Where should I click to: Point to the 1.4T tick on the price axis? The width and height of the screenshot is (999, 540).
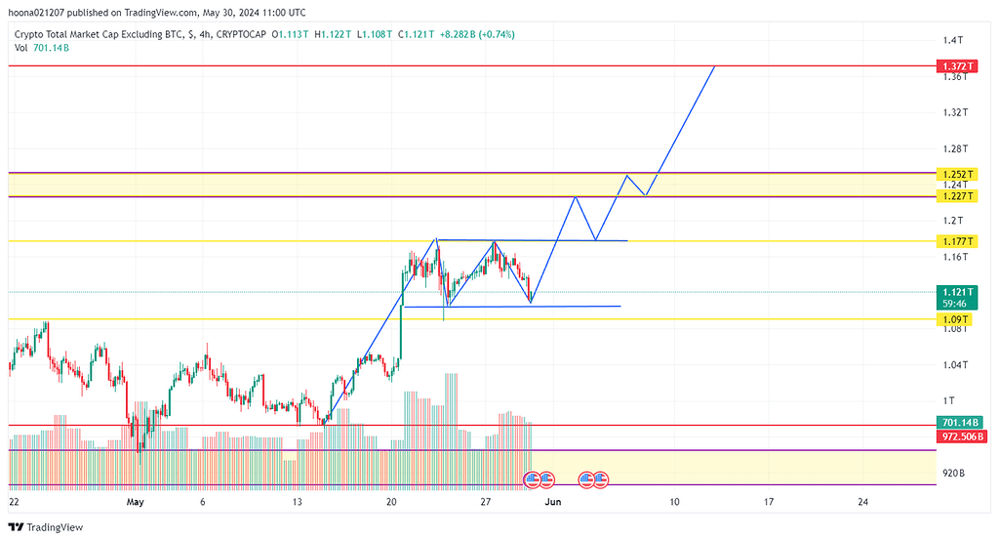(952, 40)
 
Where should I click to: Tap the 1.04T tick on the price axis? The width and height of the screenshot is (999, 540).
(955, 365)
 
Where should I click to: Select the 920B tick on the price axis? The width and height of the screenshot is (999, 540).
(953, 473)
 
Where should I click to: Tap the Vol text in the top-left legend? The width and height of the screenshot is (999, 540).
(22, 47)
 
